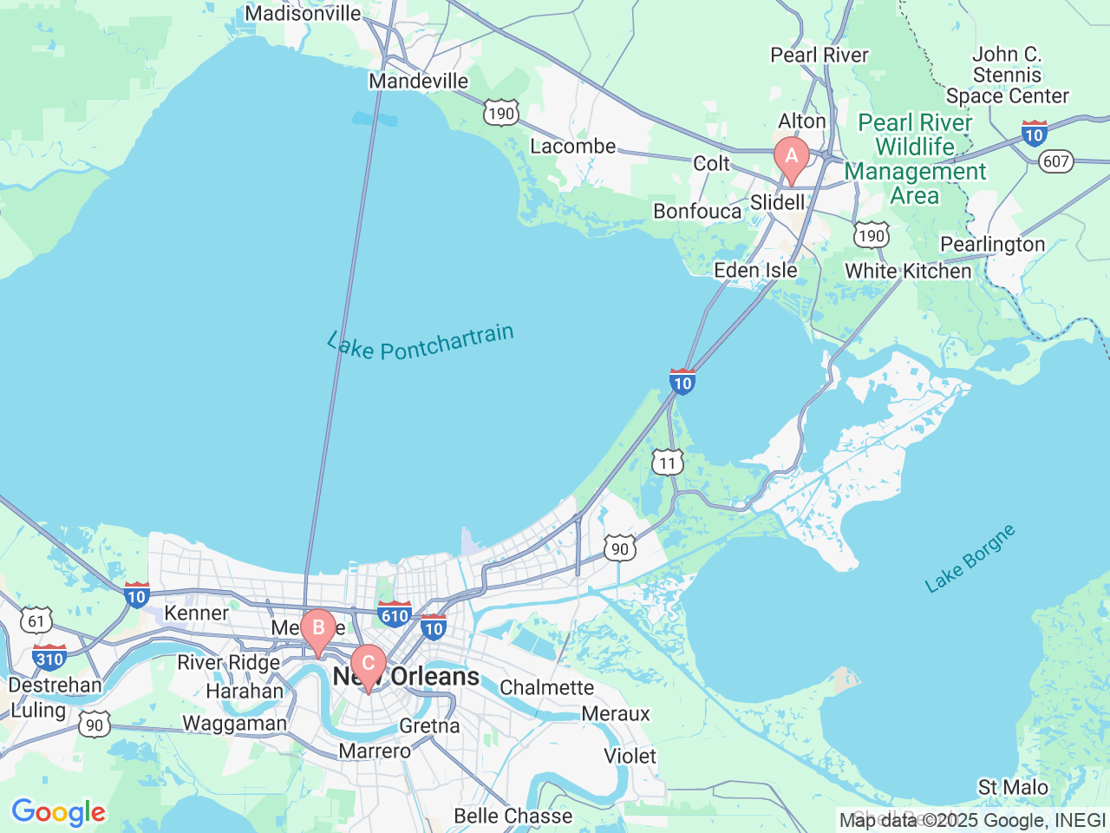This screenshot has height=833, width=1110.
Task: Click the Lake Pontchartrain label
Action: pos(421,342)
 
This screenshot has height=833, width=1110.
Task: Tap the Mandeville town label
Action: pos(418,81)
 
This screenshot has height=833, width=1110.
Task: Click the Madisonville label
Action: pos(303,13)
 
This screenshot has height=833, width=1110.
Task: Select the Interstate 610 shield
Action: pos(395,614)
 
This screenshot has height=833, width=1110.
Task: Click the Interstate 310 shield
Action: pos(49,658)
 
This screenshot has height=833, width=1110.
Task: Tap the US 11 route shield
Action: pos(667,462)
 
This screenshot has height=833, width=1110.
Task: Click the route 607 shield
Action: pos(1056,161)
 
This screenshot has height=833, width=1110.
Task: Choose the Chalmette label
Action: pos(546,687)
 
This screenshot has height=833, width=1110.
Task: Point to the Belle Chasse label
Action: pos(513,816)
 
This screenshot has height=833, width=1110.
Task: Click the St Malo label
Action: pos(1013,787)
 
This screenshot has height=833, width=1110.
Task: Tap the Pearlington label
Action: pos(992,244)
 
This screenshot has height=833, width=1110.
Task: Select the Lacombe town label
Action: pos(572,146)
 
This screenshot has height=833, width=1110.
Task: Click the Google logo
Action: pos(58,813)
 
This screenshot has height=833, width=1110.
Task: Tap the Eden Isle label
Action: pos(755,270)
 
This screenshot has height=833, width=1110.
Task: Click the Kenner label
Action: pos(197,613)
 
